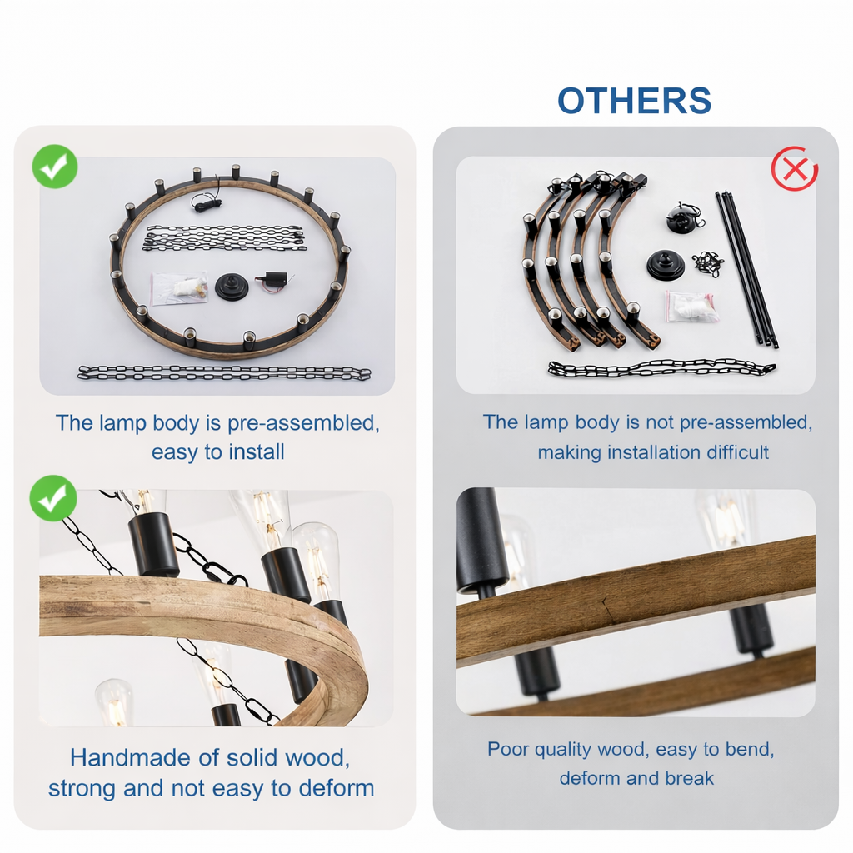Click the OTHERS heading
click(634, 101)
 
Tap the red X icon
click(795, 168)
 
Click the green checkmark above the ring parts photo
click(55, 167)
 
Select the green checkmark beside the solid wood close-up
click(52, 498)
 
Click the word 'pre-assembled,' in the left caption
click(303, 423)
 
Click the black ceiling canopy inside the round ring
click(232, 287)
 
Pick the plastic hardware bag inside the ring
click(179, 288)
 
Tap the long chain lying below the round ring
click(224, 372)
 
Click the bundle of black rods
click(746, 269)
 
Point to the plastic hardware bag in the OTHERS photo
click(689, 307)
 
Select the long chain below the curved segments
click(661, 368)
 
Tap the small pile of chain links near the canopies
click(708, 264)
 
